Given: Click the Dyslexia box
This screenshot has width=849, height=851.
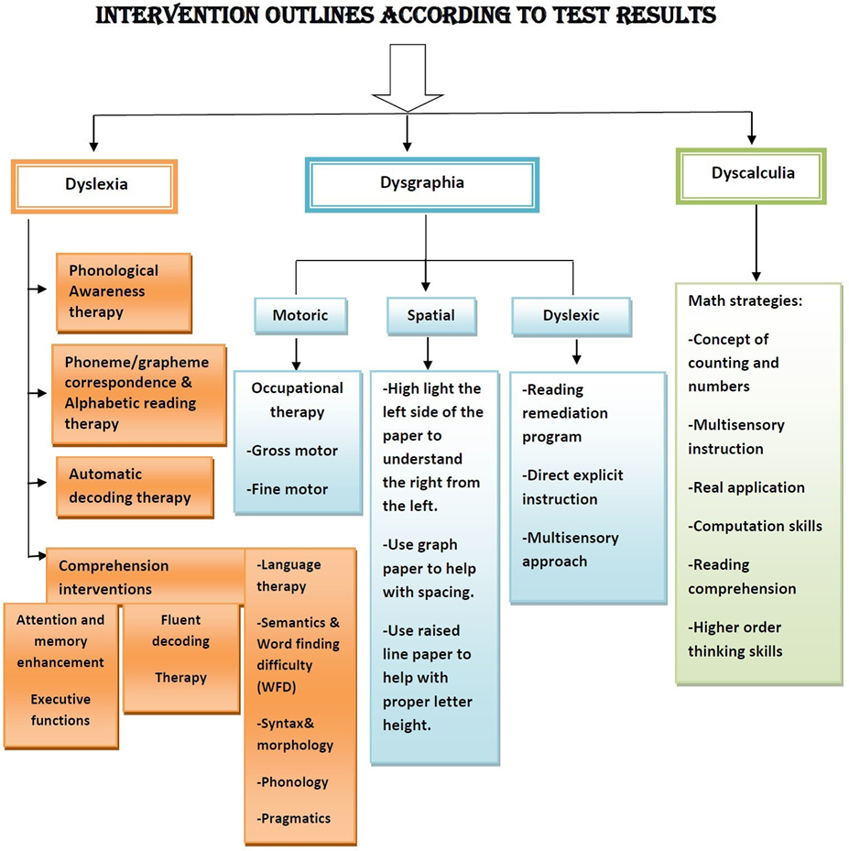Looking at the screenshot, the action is (94, 186).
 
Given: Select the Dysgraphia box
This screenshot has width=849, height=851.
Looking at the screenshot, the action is (422, 184).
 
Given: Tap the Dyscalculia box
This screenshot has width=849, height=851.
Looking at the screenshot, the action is (751, 176).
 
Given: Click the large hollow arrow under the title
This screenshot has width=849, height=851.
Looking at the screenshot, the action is (408, 78).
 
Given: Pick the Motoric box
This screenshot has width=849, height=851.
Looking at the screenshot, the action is (300, 316).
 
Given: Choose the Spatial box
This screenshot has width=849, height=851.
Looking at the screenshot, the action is (431, 316).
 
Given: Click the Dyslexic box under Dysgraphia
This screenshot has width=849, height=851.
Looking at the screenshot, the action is (571, 316).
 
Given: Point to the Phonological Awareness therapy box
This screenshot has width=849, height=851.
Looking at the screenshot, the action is (124, 292).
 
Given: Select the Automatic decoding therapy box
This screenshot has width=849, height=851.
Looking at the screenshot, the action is (135, 486).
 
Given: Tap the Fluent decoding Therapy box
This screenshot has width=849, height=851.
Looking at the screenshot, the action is (181, 658).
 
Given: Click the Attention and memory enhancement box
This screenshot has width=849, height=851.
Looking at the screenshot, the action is (60, 676).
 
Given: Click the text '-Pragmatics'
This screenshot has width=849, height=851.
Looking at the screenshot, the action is (293, 818).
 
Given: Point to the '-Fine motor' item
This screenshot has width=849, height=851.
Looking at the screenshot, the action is (287, 489).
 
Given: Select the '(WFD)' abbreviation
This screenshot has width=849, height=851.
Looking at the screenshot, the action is (276, 687).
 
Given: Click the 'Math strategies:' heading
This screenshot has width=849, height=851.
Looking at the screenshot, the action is (745, 300).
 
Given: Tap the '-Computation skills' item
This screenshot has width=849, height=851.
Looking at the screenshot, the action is (756, 526).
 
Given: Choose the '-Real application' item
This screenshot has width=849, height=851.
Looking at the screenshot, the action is (746, 487).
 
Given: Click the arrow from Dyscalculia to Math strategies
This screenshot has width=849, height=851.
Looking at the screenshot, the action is (756, 243).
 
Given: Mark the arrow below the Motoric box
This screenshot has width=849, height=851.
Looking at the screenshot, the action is (296, 355).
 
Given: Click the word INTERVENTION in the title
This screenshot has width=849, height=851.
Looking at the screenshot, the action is (178, 15).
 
